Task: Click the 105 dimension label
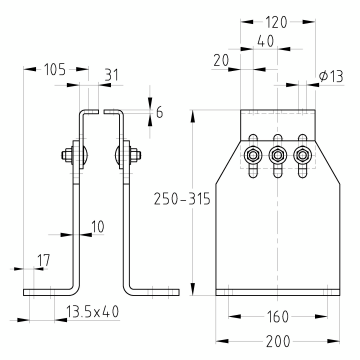point(55,70)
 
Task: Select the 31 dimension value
point(112,75)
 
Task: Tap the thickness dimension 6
point(160,113)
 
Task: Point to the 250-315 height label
point(182,199)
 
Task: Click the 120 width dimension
point(276,23)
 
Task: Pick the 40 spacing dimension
point(266,41)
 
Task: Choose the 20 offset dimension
point(221,61)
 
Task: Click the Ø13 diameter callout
point(331,77)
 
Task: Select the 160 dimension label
point(277,317)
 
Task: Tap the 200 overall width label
point(278,342)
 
